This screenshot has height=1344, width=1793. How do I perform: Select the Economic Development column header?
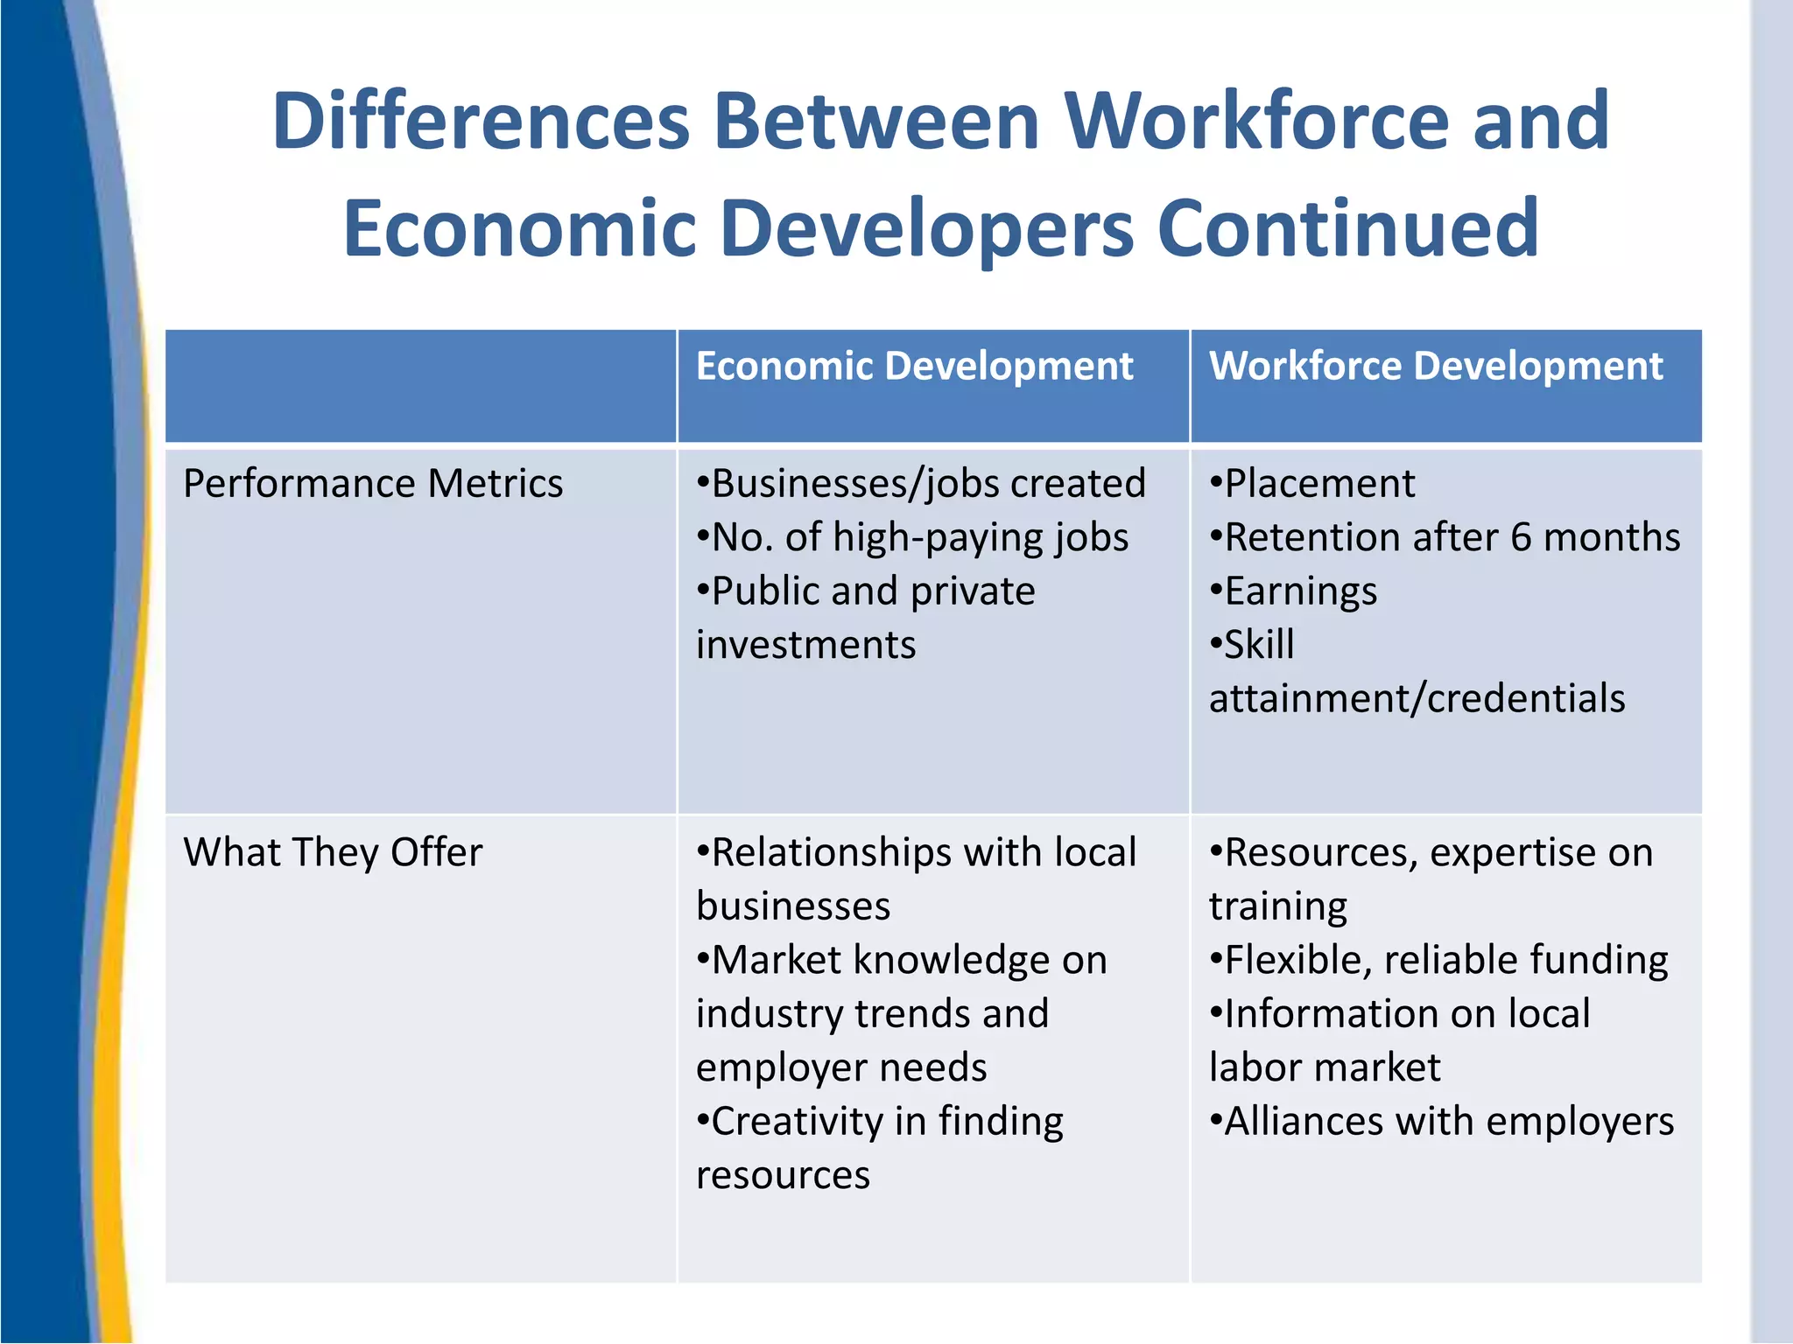coord(914,366)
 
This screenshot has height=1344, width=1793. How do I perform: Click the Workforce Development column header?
coord(1435,366)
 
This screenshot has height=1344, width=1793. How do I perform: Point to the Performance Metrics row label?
coord(373,484)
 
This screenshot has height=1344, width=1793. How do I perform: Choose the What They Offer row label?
coord(333,852)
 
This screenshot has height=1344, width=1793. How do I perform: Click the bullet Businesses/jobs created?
coord(921,484)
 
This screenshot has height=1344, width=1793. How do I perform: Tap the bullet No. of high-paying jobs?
coord(912,537)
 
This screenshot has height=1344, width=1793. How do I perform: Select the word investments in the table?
coord(805,646)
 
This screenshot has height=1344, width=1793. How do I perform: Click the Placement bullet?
coord(1312,484)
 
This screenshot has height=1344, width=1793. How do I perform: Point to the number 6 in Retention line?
coord(1522,537)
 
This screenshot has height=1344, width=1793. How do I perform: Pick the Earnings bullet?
coord(1294,591)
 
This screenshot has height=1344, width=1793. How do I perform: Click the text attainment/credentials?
coord(1417,699)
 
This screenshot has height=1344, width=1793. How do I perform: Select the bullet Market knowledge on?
coord(902,960)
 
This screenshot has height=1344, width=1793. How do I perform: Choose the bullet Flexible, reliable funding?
coord(1439,960)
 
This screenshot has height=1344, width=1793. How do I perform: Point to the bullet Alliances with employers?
coord(1442,1122)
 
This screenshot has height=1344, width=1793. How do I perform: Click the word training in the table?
coord(1277,906)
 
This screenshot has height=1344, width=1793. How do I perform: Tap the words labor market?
coord(1324,1067)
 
